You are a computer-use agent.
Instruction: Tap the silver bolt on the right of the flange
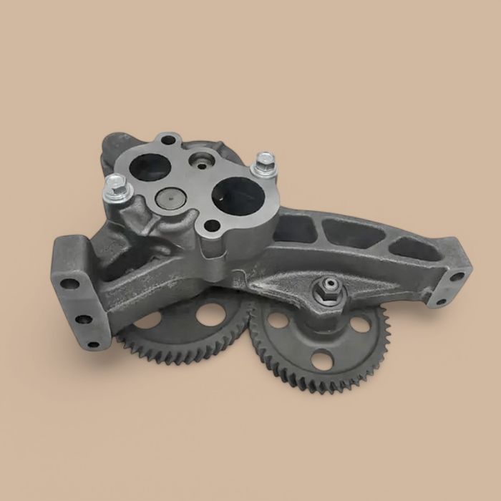266,163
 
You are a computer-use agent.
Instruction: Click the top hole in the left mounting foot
69,283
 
